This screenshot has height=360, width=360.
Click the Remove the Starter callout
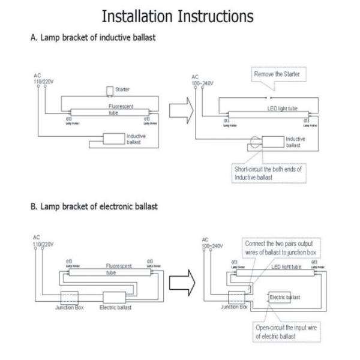(x=278, y=74)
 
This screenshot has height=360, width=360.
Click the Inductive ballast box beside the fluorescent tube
(x=112, y=139)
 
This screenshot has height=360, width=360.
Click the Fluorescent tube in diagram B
(x=110, y=272)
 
